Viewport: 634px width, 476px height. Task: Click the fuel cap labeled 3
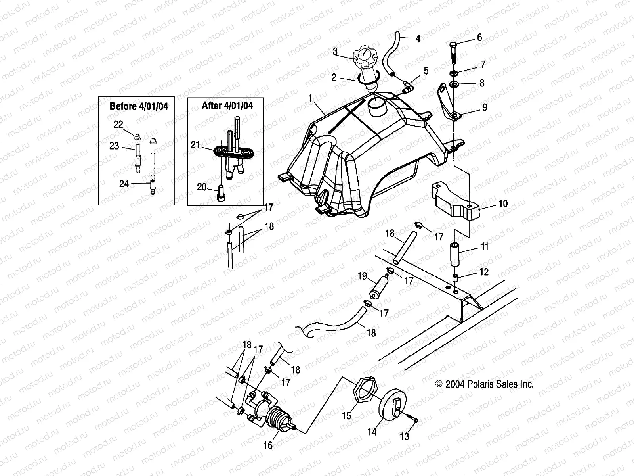click(363, 59)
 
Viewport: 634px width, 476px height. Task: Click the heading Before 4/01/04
click(139, 106)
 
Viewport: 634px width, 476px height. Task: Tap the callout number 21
click(195, 145)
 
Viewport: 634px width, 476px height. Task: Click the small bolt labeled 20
click(222, 195)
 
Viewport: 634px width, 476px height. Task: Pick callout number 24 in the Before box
click(124, 184)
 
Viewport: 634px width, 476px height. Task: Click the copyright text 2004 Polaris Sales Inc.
click(484, 384)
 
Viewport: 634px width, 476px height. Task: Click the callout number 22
click(118, 124)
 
